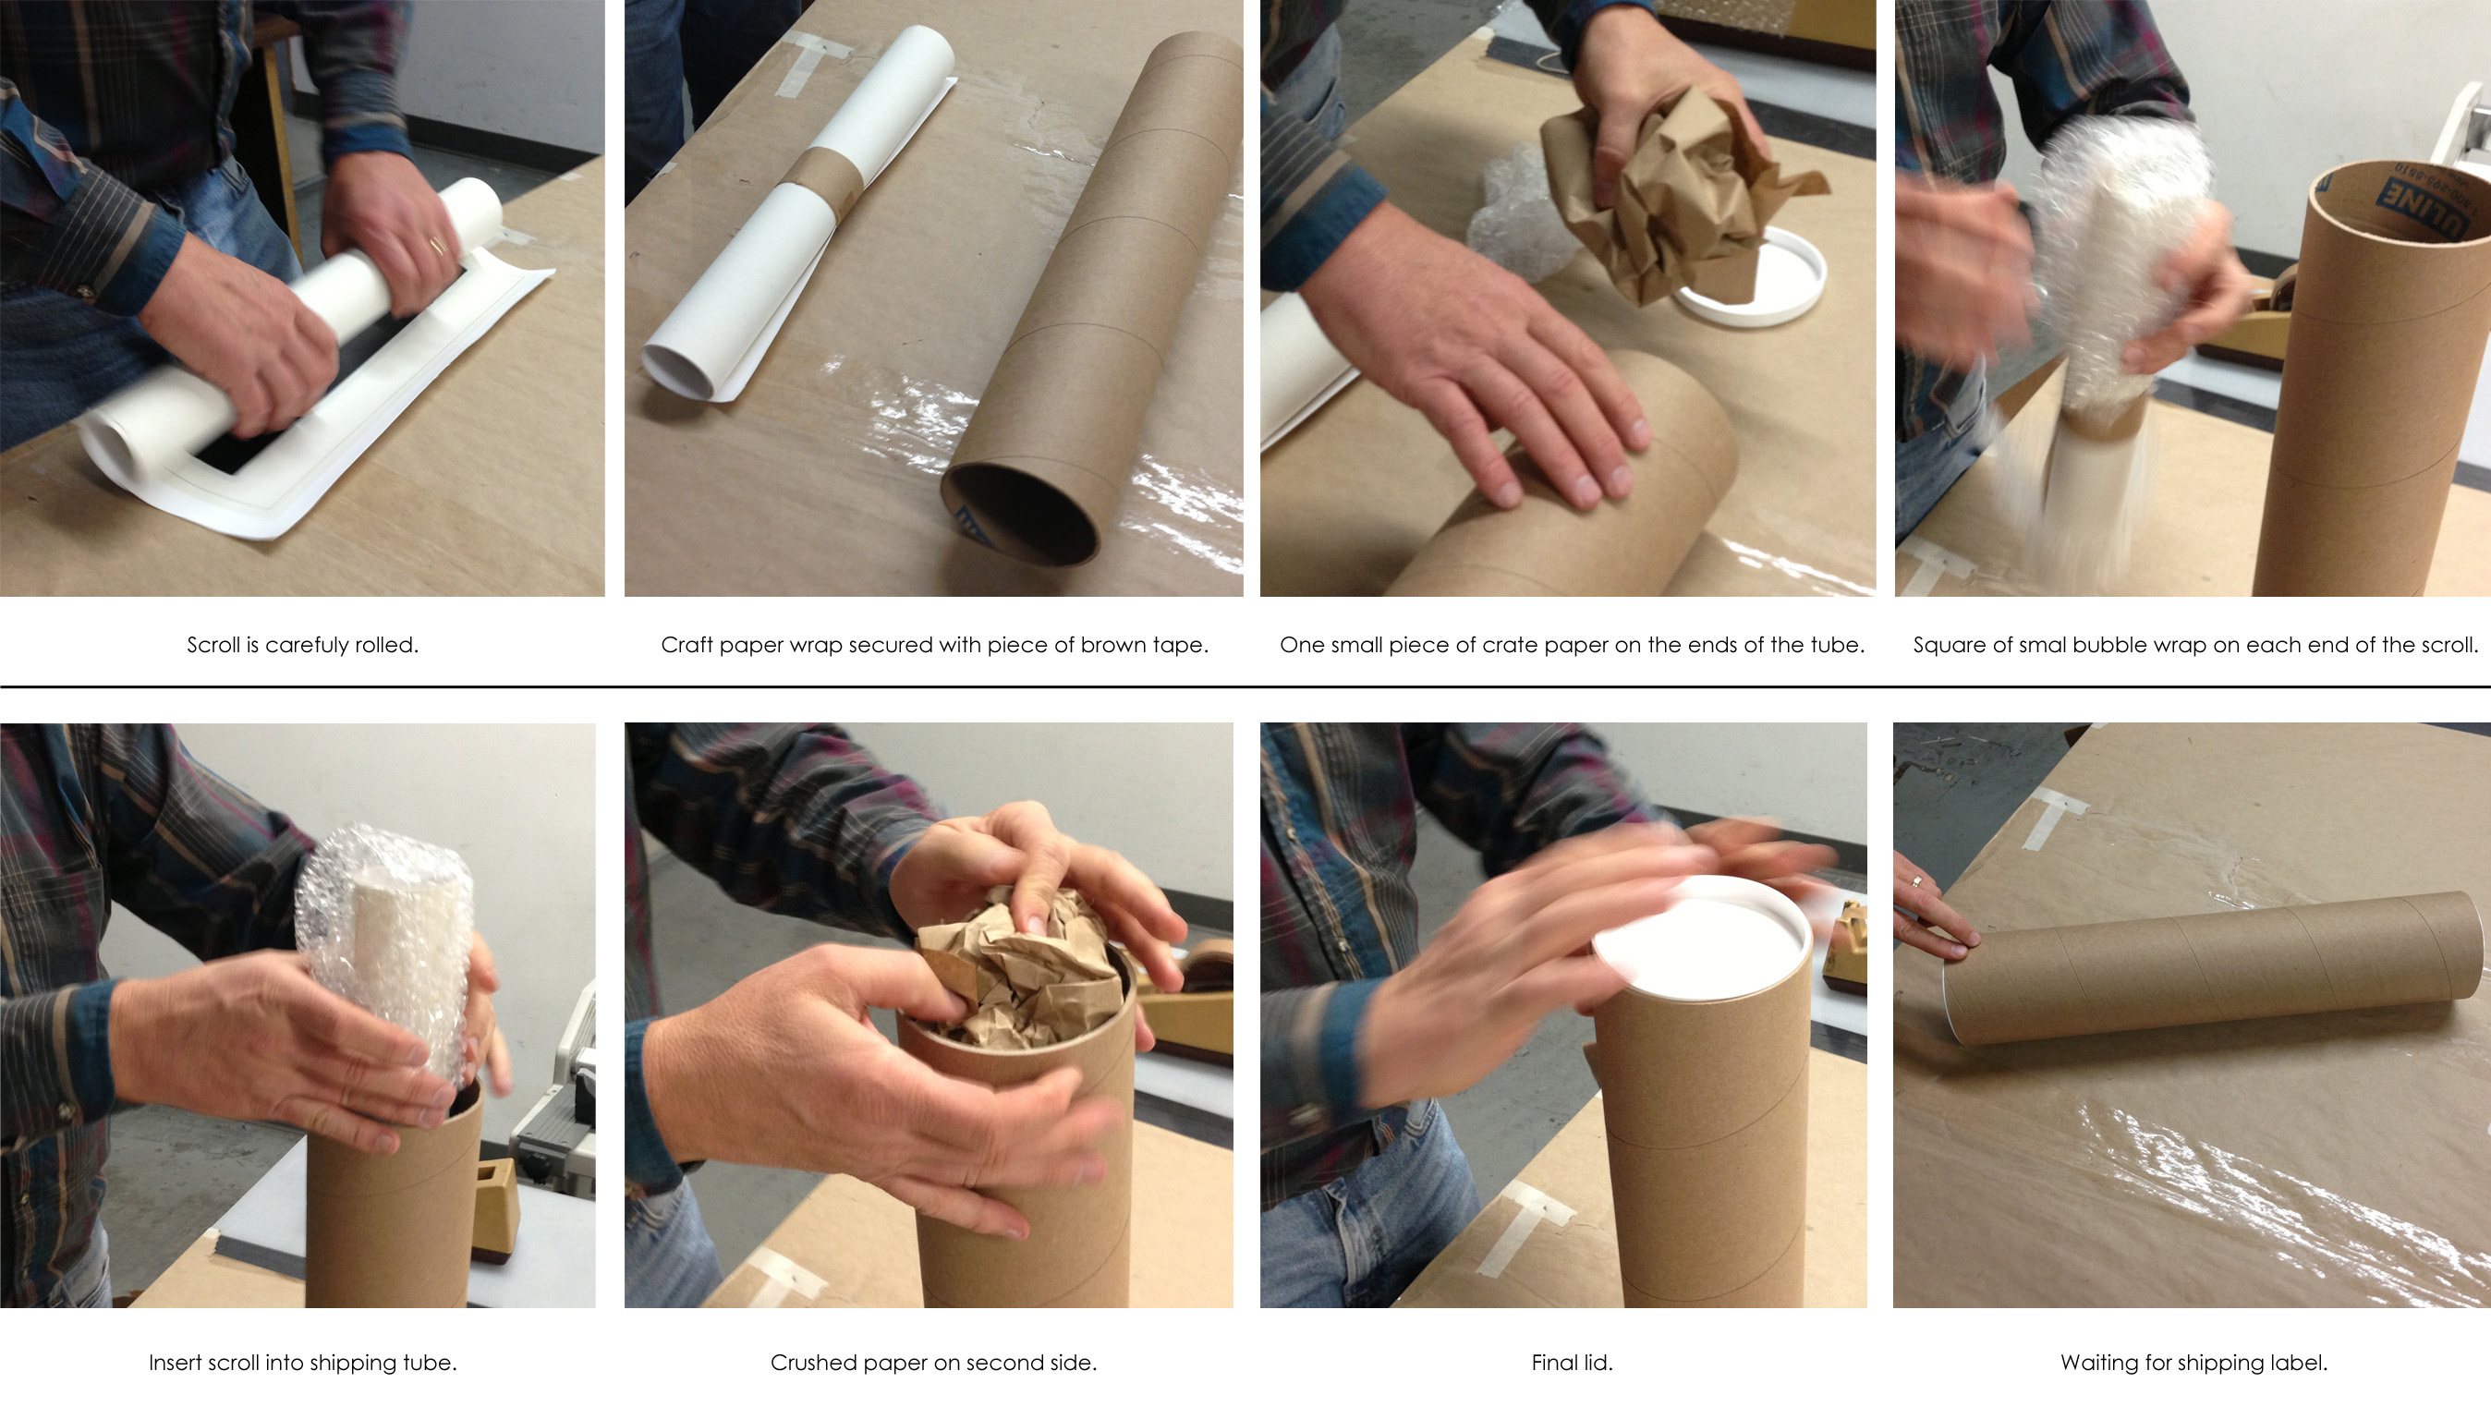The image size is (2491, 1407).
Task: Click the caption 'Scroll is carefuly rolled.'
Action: (x=303, y=645)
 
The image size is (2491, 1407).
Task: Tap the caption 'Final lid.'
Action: (x=1573, y=1363)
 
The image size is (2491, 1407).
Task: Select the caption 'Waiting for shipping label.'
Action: (x=2193, y=1363)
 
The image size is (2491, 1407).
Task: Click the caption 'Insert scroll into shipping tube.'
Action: (x=303, y=1363)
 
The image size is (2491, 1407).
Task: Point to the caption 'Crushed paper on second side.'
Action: (x=933, y=1363)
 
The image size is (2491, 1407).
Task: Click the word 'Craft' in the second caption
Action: (x=685, y=645)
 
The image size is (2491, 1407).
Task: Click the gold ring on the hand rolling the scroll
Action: (x=437, y=245)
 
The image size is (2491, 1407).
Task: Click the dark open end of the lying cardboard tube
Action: (x=1020, y=514)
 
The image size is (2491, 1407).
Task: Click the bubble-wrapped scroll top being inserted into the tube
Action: (x=383, y=957)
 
